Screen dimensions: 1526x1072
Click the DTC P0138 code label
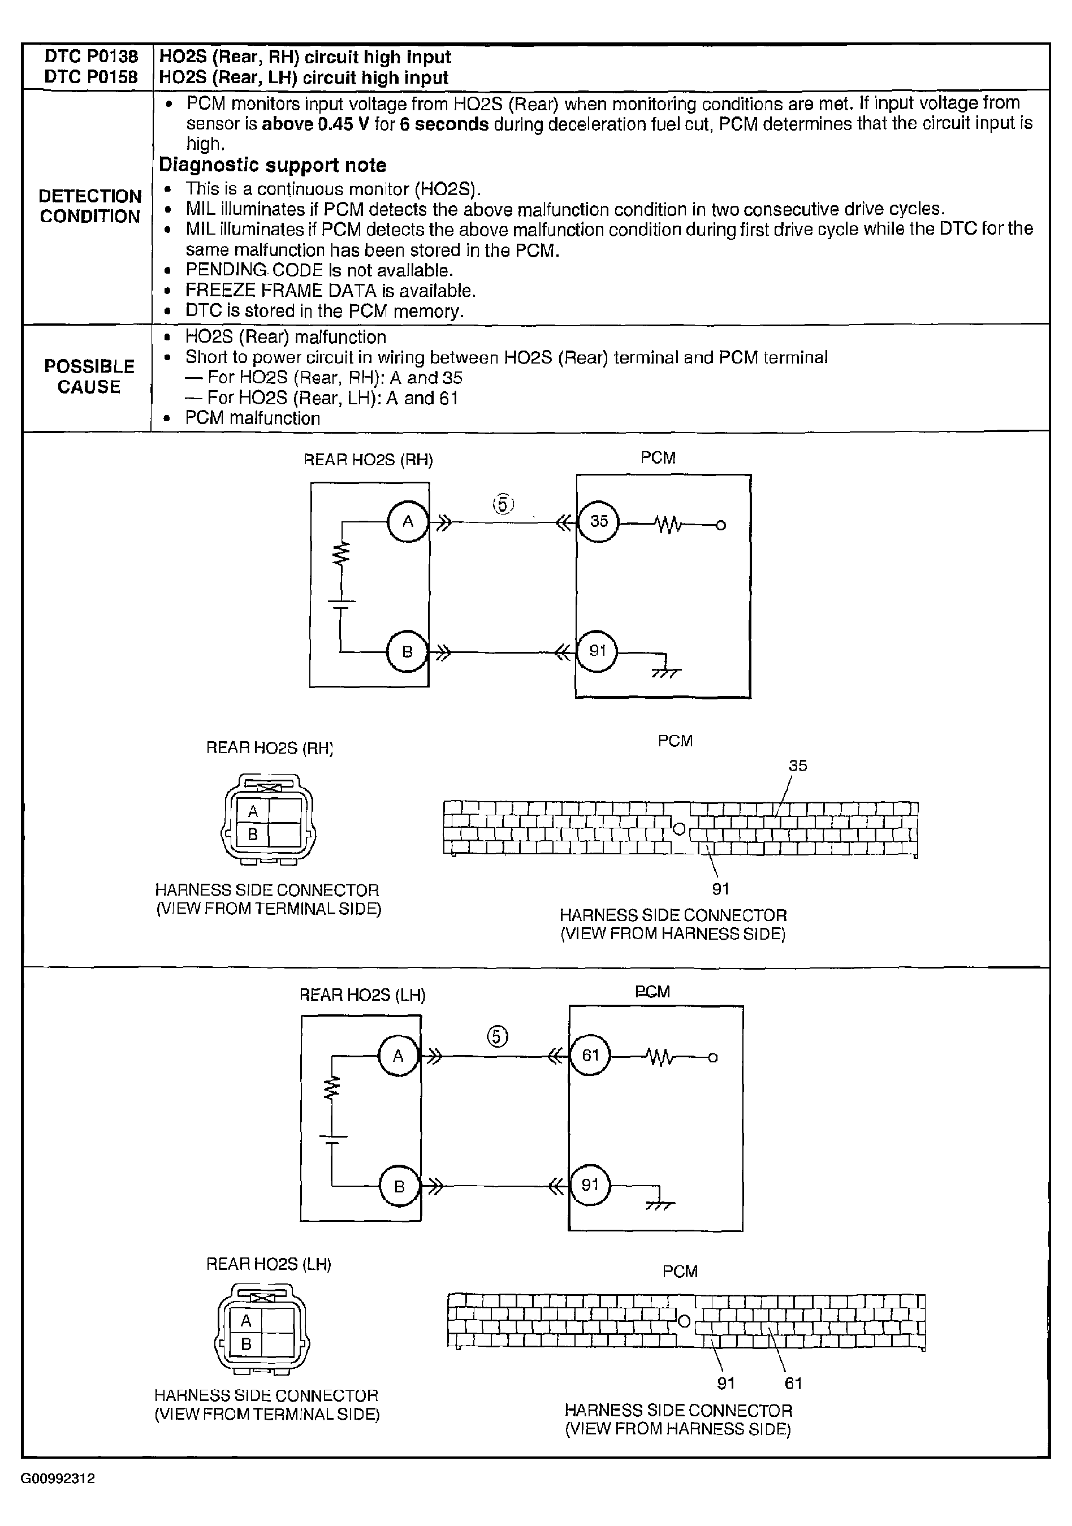tap(91, 57)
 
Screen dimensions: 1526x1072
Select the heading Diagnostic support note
tap(273, 165)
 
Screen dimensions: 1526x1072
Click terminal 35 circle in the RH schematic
tap(598, 522)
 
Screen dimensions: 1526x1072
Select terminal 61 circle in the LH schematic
tap(590, 1056)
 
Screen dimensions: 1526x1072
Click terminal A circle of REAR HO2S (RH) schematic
tap(408, 522)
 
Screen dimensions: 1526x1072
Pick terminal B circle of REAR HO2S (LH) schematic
tap(399, 1186)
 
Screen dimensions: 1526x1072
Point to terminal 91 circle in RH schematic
tap(597, 651)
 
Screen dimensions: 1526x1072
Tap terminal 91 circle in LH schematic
tap(590, 1185)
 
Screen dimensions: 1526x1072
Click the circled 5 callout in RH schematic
tap(503, 504)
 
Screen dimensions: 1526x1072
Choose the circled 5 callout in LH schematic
tap(498, 1036)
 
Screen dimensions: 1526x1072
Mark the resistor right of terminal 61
tap(660, 1057)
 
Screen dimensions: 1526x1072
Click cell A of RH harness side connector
tap(253, 811)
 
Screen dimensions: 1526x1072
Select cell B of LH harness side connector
tap(246, 1344)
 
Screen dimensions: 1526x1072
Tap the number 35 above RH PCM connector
tap(798, 766)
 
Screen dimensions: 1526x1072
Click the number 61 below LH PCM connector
tap(793, 1383)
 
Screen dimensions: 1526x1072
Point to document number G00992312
tap(58, 1479)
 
